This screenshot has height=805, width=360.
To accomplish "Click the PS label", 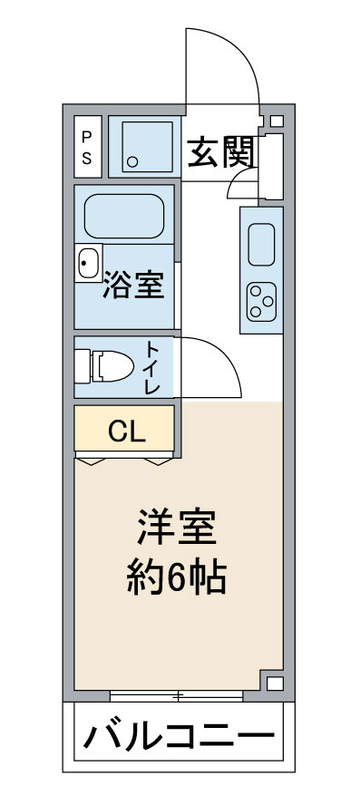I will point(87,146).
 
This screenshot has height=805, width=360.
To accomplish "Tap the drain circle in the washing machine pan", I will point(132,164).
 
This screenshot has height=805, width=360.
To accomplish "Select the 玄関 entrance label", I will point(219,153).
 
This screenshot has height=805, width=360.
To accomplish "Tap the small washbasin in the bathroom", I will point(88,265).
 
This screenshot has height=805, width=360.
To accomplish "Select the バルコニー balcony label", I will point(178,733).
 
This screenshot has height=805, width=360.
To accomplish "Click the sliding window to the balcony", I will point(176,696).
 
